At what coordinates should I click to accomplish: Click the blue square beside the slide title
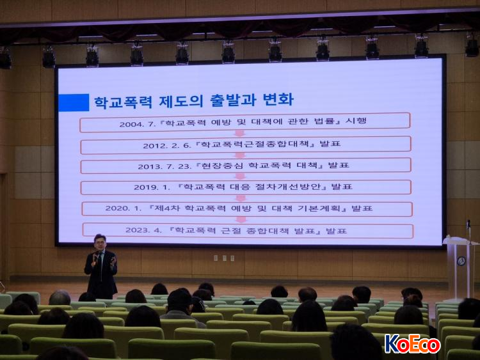point(74,102)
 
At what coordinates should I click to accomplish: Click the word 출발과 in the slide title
point(233,100)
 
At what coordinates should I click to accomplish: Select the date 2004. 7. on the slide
point(138,124)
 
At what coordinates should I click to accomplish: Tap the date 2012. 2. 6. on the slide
point(167,146)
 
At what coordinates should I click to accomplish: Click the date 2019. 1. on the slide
point(152,187)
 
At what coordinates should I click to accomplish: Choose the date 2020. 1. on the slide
point(124,208)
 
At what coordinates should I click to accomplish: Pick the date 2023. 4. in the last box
point(143,230)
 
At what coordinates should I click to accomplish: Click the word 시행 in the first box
point(356,121)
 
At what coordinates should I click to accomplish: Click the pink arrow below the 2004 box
point(240,134)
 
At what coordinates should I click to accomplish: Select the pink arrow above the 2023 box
point(241,219)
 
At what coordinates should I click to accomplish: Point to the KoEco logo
point(412,344)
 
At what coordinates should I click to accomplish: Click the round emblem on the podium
point(461,261)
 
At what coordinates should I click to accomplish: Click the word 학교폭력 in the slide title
point(124,102)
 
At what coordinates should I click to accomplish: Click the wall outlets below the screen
point(225,258)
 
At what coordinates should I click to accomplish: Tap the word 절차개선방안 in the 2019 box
point(290,187)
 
